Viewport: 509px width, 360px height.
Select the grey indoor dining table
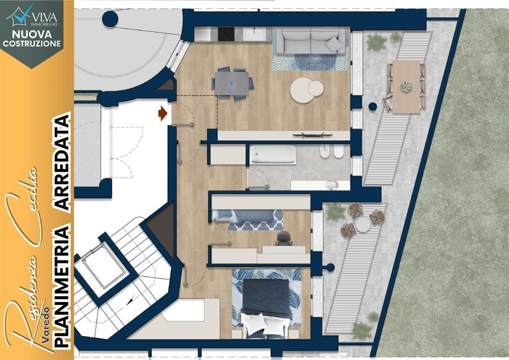tap(232, 83)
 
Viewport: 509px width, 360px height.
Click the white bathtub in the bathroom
tap(273, 155)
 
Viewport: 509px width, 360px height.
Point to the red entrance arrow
tap(163, 113)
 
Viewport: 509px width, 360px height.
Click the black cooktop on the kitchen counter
tap(226, 34)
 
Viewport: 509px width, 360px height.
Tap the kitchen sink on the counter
tap(254, 34)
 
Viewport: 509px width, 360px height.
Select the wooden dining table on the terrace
tap(406, 86)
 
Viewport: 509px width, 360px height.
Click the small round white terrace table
tap(363, 225)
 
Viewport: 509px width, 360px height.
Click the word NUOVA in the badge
tap(32, 34)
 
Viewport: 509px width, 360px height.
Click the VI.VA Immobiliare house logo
tap(20, 15)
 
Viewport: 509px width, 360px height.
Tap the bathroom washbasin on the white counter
tap(331, 185)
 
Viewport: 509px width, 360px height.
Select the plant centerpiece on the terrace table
tap(406, 86)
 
